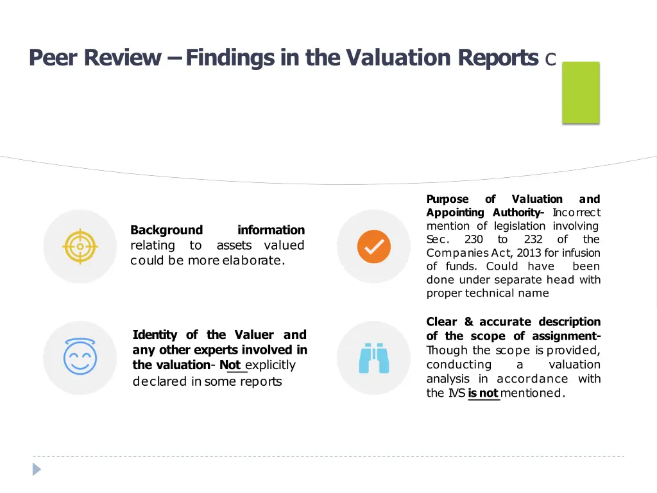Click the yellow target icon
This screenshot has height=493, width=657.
[x=80, y=246]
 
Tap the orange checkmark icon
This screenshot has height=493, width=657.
[x=373, y=246]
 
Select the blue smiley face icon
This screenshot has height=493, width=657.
[x=80, y=357]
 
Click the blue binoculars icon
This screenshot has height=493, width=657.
[x=373, y=358]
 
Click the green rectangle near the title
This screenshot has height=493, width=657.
[x=581, y=92]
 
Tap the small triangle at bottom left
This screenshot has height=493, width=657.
[x=37, y=469]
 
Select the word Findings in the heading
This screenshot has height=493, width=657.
[x=223, y=58]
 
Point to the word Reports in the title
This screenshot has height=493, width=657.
[x=498, y=58]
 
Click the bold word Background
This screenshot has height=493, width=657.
[x=166, y=230]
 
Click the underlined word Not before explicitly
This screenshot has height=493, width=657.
[x=230, y=365]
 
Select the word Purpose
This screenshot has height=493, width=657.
[x=448, y=199]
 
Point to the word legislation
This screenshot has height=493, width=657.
[x=520, y=226]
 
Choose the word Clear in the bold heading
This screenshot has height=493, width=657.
[x=442, y=322]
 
